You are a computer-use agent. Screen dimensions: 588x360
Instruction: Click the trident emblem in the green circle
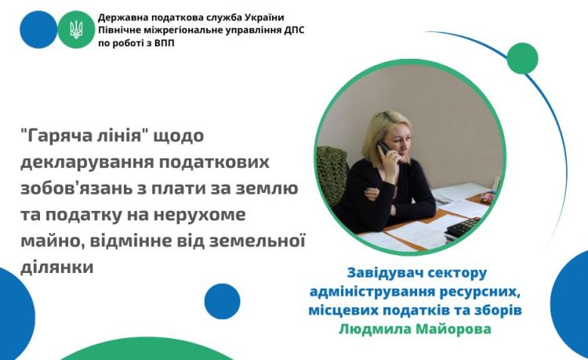coord(77,30)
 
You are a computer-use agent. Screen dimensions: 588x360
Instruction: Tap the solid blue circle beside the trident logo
coord(38,30)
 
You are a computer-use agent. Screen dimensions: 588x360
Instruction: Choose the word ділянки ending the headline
coord(57,267)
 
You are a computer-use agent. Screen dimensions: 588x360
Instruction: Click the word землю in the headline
coord(267,188)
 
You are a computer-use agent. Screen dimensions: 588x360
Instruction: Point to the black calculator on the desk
coord(463,227)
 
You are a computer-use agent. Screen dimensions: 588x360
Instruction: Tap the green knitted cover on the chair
coord(332,173)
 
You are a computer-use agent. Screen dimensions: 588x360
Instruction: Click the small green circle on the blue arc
coord(522,59)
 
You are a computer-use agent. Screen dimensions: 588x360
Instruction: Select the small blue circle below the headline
coord(223,301)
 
